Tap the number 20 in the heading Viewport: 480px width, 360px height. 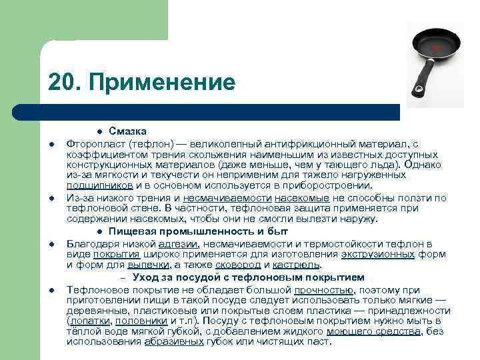[63, 83]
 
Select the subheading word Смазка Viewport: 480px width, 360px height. [128, 131]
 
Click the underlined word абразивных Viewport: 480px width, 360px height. [175, 341]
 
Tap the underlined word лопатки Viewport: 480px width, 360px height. [90, 321]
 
